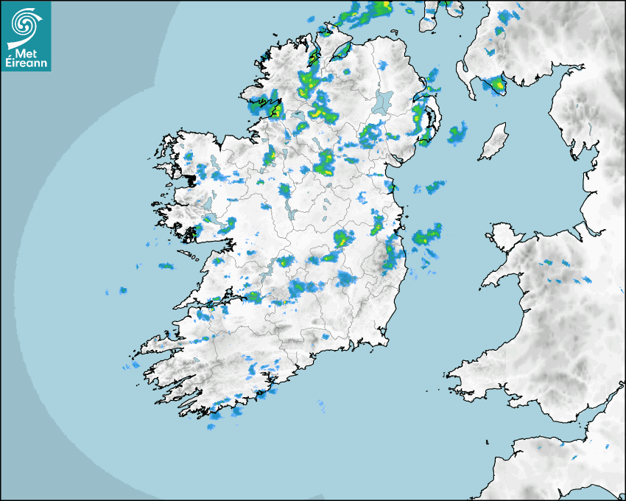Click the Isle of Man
click(x=494, y=142)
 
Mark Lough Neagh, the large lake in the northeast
click(x=384, y=102)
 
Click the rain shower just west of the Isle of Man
click(x=457, y=133)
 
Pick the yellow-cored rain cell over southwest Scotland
click(x=500, y=85)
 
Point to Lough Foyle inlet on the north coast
click(x=341, y=52)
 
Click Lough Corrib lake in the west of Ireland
click(x=208, y=201)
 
